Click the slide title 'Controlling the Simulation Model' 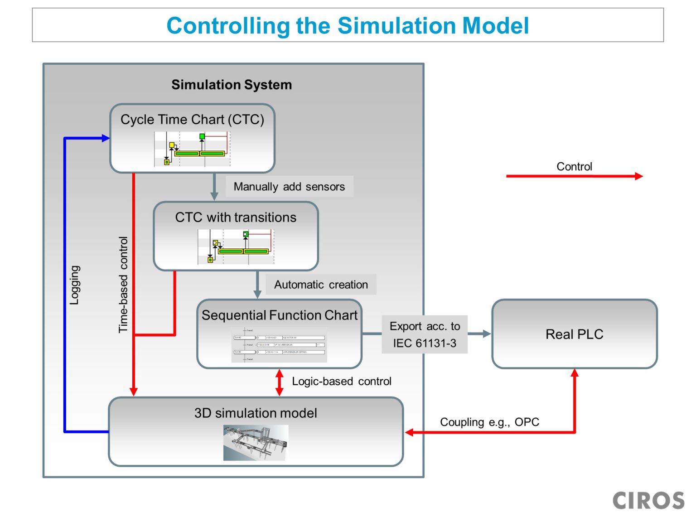(348, 25)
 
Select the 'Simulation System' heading (232, 85)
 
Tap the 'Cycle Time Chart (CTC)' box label (192, 120)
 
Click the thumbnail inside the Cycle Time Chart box (192, 149)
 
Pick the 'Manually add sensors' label (289, 187)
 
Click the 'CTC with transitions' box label (236, 217)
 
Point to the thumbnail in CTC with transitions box (236, 247)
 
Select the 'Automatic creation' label (321, 285)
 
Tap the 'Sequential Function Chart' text (280, 315)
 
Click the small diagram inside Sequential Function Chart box (279, 344)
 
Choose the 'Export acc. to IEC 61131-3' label (425, 335)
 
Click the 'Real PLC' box (574, 334)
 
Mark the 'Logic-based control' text (342, 382)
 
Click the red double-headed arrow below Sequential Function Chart (280, 382)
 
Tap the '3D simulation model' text (256, 413)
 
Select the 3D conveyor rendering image (256, 443)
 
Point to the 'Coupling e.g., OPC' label (489, 422)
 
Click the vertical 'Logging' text (75, 285)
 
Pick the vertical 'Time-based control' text (123, 285)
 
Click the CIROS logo (648, 501)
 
